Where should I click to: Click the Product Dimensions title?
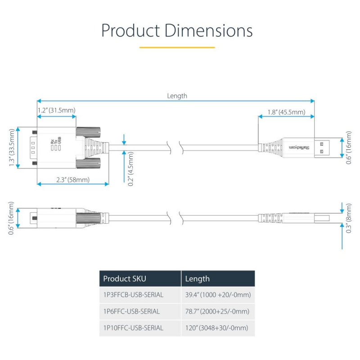pos(177,31)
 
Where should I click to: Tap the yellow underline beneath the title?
pos(177,47)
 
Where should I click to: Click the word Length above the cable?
pos(177,96)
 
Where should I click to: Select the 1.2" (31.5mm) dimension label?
pos(56,110)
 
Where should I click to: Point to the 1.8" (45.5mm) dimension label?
pos(286,112)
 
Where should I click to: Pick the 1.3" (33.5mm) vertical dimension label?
pos(12,147)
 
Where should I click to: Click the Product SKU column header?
pos(125,279)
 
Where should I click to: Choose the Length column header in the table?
pos(198,279)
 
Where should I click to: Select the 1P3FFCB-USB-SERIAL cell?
pos(133,295)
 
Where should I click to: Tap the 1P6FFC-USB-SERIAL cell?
pos(131,311)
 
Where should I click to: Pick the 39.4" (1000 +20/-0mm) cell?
pos(218,295)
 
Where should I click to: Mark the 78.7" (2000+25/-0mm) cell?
pos(217,311)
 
